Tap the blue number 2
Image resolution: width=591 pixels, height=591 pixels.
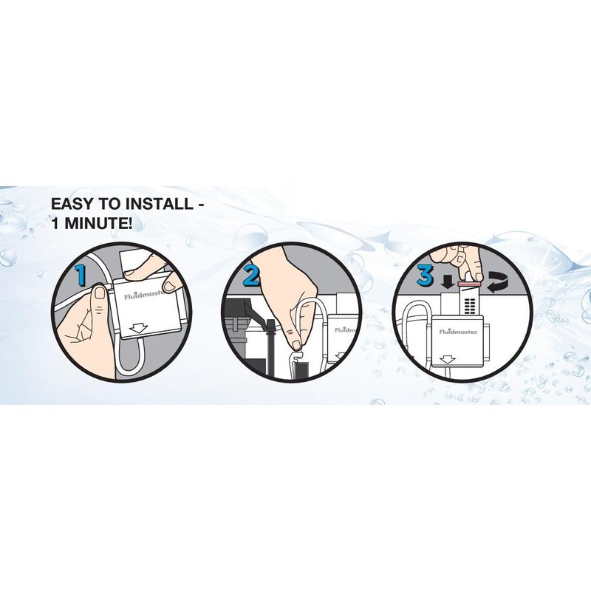[251, 275]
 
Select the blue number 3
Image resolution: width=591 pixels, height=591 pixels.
[426, 275]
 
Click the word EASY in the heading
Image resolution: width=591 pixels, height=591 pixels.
[72, 204]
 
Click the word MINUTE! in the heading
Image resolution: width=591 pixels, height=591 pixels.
[98, 224]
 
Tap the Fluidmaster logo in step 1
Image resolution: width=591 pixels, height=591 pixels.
[144, 295]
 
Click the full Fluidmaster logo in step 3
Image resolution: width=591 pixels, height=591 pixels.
[458, 332]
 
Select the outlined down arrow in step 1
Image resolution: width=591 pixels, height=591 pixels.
[137, 329]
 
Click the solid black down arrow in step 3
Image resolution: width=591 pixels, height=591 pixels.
[448, 281]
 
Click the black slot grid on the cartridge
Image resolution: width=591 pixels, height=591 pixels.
[470, 307]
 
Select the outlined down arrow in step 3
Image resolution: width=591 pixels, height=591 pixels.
[448, 360]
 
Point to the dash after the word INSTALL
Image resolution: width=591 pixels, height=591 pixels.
[201, 205]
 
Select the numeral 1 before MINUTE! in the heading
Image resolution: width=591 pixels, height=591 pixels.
[55, 224]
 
